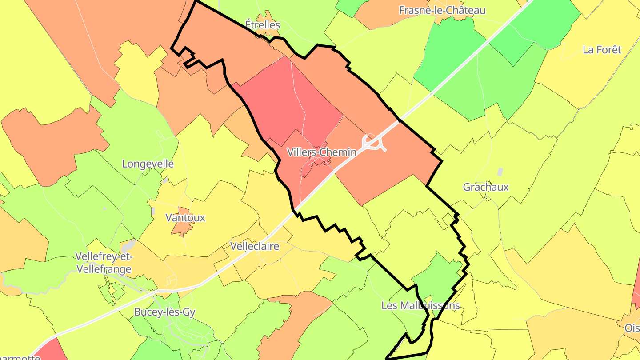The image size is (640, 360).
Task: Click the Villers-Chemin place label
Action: coord(321,152)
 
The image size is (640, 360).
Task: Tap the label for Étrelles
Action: coord(263,24)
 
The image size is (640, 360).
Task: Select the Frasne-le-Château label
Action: coord(442,10)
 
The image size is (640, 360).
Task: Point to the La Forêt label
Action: coord(602,50)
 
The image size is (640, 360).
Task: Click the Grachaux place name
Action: coord(486,187)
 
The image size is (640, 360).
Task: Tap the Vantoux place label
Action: coord(185,218)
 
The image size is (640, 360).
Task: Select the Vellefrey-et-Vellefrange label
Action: coord(104,263)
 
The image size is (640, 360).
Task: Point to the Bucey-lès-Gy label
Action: coord(164,312)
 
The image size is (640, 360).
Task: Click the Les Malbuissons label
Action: coord(420,306)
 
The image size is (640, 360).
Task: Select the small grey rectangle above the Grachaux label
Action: coord(500,172)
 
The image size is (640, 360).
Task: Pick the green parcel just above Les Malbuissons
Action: coord(438,276)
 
